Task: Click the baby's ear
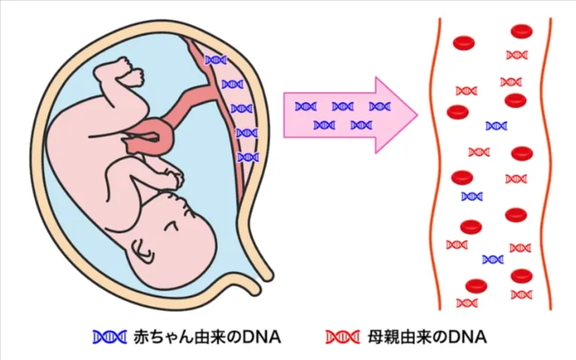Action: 141,248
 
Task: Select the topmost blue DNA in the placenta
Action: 216,59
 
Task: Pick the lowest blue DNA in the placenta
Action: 247,157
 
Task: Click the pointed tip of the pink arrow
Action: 416,115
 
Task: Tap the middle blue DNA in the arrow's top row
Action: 343,107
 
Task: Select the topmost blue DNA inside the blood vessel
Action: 496,126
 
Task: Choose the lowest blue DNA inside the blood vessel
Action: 492,260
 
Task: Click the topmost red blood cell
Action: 522,32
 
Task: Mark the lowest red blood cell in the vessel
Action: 476,285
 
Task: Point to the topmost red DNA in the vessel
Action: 517,55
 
